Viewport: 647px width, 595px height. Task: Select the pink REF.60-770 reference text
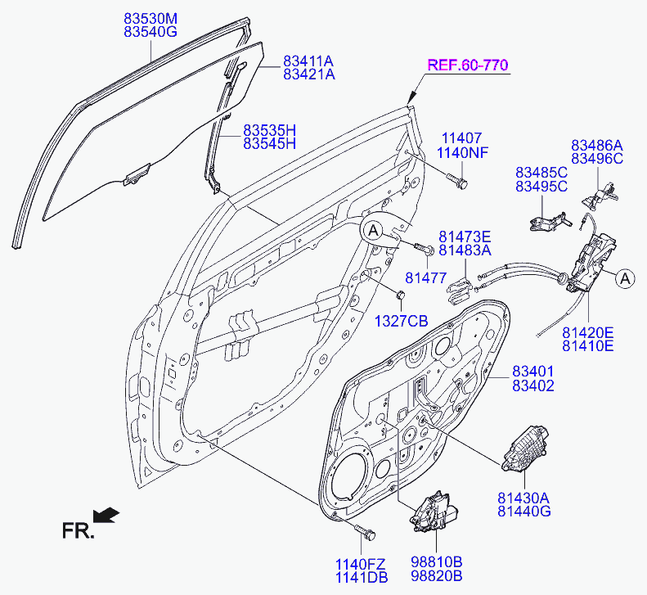(465, 65)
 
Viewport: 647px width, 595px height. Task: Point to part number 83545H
(269, 144)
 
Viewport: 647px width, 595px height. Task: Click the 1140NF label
(462, 153)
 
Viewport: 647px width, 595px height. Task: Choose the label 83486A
(596, 144)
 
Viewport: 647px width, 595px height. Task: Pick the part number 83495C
(541, 187)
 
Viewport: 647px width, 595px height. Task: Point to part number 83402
(533, 385)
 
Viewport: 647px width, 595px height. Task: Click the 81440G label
(523, 512)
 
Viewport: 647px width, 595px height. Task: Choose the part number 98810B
(436, 562)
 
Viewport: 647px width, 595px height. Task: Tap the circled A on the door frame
(372, 232)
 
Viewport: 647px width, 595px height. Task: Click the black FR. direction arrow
(106, 515)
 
